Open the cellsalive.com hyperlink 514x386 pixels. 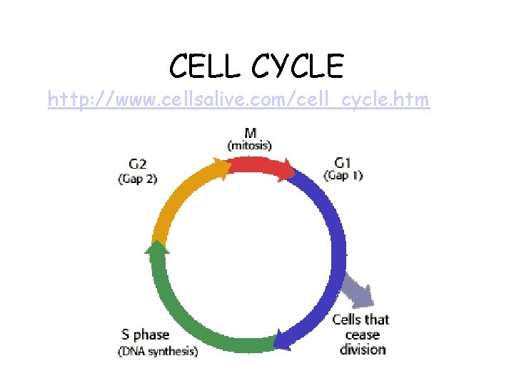pos(238,100)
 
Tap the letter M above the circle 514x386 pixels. pos(251,132)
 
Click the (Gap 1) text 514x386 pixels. pos(343,175)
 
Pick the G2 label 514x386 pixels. pos(136,166)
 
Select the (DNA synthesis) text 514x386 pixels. pos(158,351)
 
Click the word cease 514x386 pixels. pos(362,335)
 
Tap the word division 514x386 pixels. pos(362,350)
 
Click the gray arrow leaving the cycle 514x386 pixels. pos(357,290)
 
